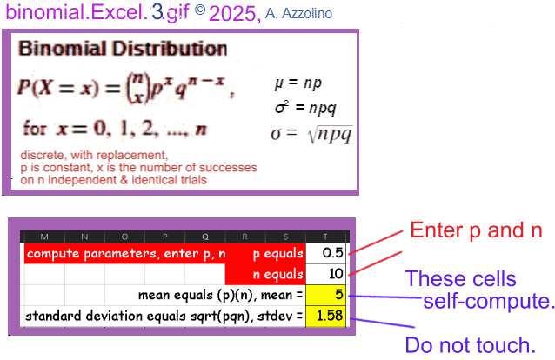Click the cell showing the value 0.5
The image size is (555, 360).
pyautogui.click(x=325, y=253)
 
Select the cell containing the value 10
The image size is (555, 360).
pyautogui.click(x=325, y=274)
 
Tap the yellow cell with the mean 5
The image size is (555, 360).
pyautogui.click(x=325, y=295)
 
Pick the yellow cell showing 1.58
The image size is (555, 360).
pyautogui.click(x=325, y=316)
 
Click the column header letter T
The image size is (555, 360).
pyautogui.click(x=325, y=237)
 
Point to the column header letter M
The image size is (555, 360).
pyautogui.click(x=44, y=237)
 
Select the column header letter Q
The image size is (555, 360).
pyautogui.click(x=205, y=237)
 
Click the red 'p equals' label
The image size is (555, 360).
pyautogui.click(x=277, y=254)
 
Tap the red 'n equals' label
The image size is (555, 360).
pyautogui.click(x=277, y=274)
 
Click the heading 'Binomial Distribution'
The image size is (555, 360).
pyautogui.click(x=123, y=49)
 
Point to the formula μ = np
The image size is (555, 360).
pyautogui.click(x=298, y=83)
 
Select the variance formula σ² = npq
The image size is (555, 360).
pyautogui.click(x=305, y=108)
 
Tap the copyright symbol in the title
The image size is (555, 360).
pyautogui.click(x=200, y=10)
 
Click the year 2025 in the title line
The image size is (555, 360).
pyautogui.click(x=232, y=14)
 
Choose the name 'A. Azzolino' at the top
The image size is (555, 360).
pyautogui.click(x=298, y=14)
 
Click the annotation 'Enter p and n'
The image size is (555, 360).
pyautogui.click(x=476, y=230)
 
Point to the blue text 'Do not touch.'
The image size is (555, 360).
pyautogui.click(x=471, y=345)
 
